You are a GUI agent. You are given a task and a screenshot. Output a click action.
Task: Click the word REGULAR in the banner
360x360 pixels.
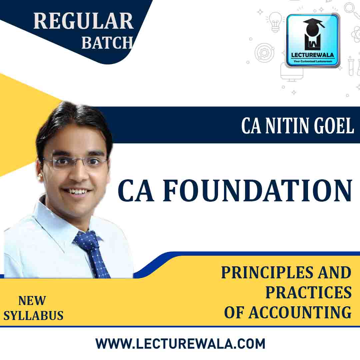(83, 21)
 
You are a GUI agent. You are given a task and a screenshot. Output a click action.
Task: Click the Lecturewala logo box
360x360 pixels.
(313, 40)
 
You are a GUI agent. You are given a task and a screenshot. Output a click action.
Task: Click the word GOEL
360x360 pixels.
(336, 126)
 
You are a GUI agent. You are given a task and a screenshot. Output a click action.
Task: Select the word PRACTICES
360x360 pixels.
(308, 293)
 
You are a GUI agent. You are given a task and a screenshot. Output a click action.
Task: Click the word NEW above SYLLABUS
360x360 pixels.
(32, 301)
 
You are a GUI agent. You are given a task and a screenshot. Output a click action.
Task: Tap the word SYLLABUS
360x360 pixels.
(33, 315)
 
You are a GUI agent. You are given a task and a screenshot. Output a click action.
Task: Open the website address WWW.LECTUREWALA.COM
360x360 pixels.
(180, 343)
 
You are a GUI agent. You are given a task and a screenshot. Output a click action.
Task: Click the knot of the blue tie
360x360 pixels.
(86, 238)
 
